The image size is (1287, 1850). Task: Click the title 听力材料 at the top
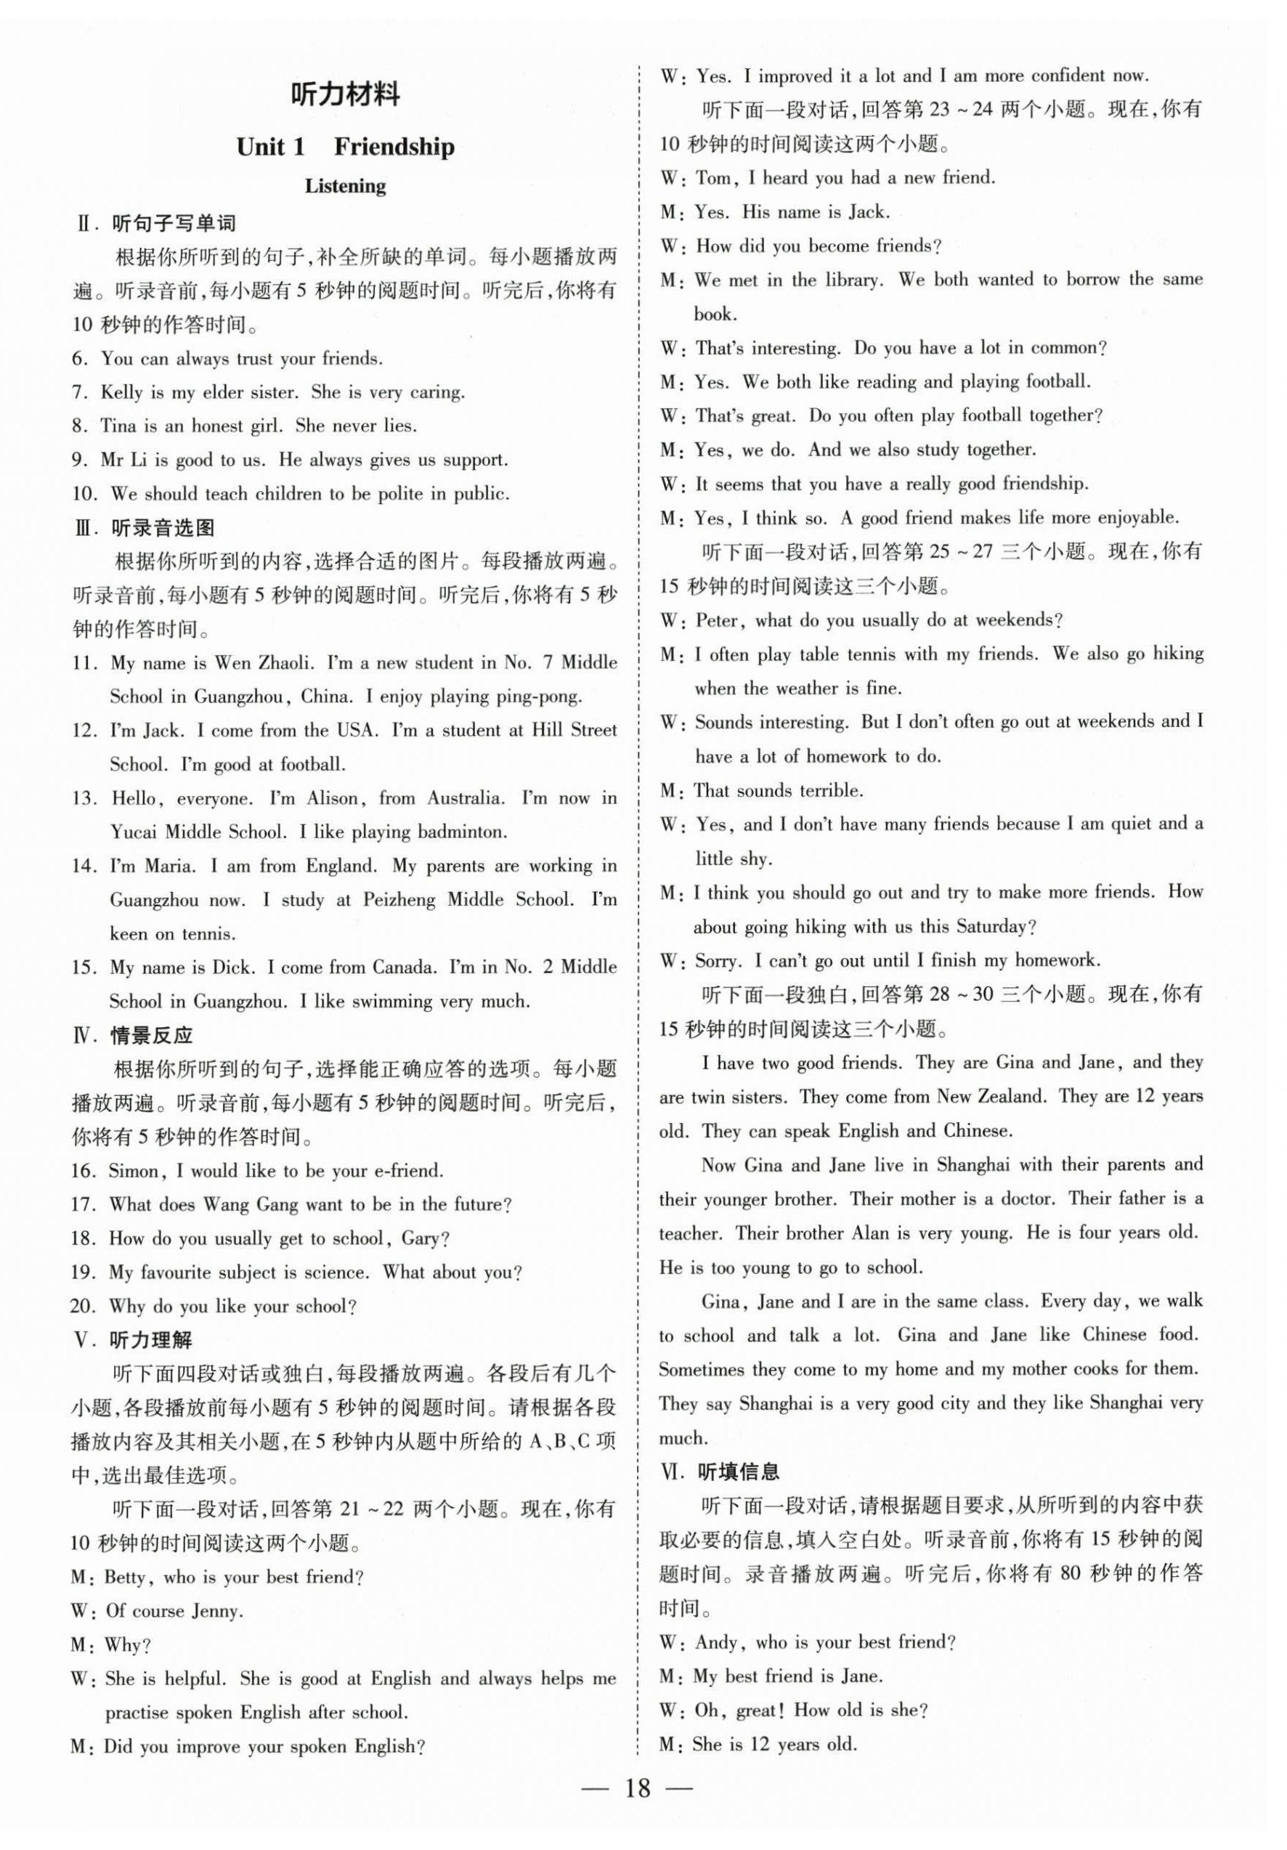coord(345,95)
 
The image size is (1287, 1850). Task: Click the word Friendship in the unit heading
coord(394,147)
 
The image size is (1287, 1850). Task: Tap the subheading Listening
coord(345,186)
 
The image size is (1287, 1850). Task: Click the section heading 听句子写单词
coord(174,223)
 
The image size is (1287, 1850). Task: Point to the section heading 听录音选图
coord(163,529)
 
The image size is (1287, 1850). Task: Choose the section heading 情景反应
coord(152,1035)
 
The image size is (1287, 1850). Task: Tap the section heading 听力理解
coord(152,1340)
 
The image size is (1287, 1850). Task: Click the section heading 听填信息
coord(738,1472)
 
